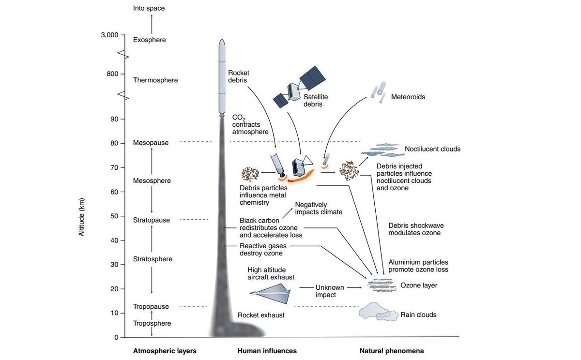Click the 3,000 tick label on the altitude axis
pos(109,35)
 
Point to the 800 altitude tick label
pos(112,74)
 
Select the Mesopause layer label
pos(151,143)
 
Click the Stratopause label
pos(152,220)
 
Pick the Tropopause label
pos(151,307)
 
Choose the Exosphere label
pos(149,40)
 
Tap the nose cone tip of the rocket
pos(222,42)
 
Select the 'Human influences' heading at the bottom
pos(267,351)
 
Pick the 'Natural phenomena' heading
pos(391,351)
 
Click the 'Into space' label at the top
pos(149,8)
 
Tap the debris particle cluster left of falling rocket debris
pos(250,173)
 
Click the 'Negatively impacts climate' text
pos(319,208)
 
